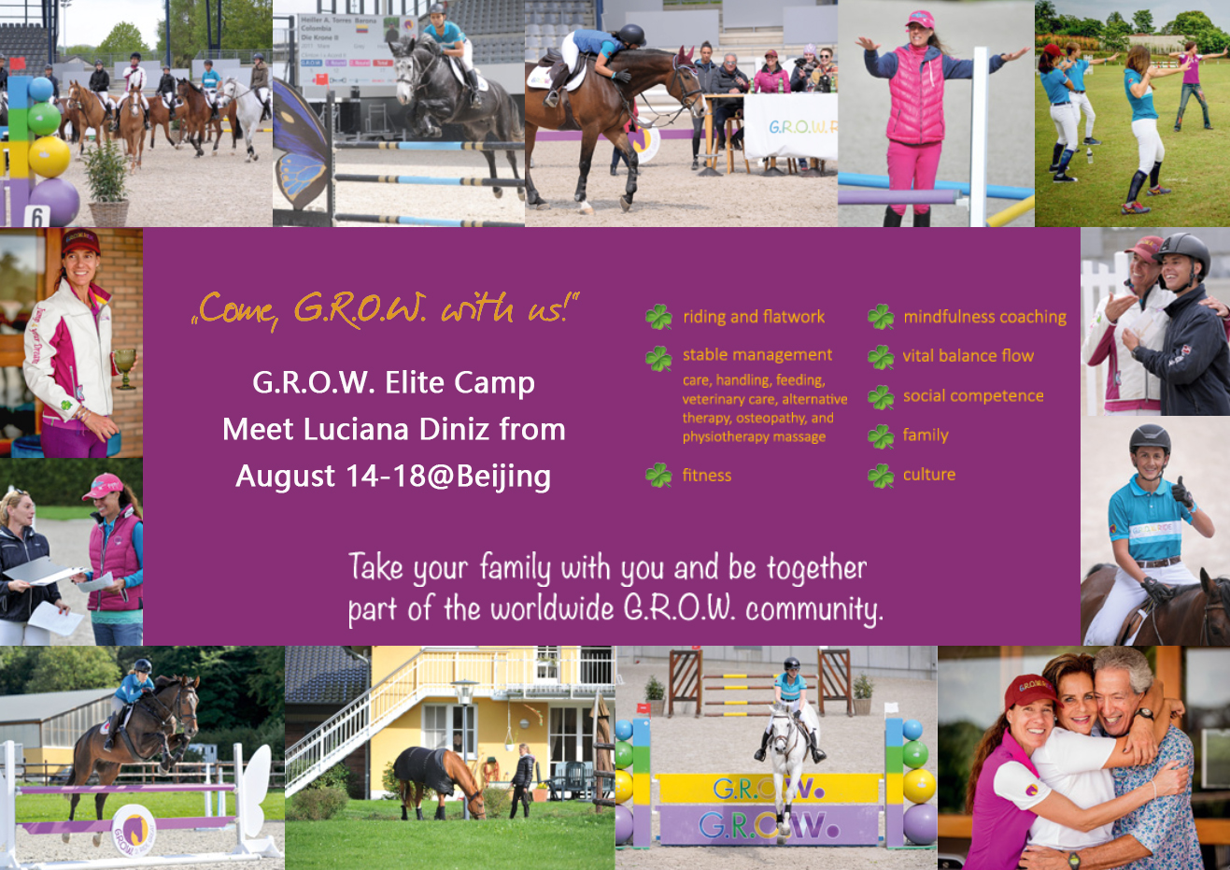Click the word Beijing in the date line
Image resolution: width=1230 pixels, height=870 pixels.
click(x=503, y=477)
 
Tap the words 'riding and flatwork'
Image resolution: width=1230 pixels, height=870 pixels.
click(x=754, y=317)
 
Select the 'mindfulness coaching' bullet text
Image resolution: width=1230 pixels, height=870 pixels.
click(x=985, y=317)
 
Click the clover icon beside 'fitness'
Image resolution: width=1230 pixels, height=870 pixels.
click(x=659, y=475)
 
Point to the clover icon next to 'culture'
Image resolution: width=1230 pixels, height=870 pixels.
click(x=881, y=476)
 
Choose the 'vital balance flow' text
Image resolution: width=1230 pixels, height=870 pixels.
click(x=968, y=356)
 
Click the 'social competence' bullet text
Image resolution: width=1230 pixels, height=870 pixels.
click(x=973, y=395)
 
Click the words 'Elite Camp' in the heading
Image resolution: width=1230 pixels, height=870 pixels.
click(x=459, y=382)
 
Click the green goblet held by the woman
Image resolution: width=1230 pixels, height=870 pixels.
click(x=125, y=369)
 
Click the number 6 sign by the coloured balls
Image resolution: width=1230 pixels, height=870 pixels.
click(x=36, y=217)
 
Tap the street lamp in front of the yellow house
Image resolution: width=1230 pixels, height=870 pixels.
click(x=464, y=742)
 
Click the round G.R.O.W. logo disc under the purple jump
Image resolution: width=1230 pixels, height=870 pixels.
click(x=134, y=831)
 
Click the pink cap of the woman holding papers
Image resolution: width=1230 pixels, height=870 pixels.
click(x=104, y=487)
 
